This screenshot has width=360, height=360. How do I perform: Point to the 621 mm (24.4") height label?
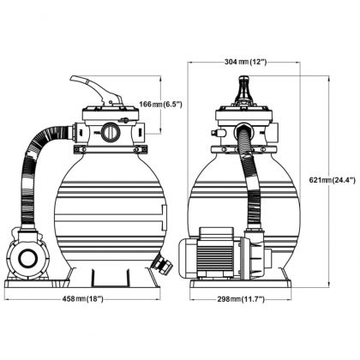coord(331,180)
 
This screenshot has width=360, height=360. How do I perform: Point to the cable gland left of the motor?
coord(183,248)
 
